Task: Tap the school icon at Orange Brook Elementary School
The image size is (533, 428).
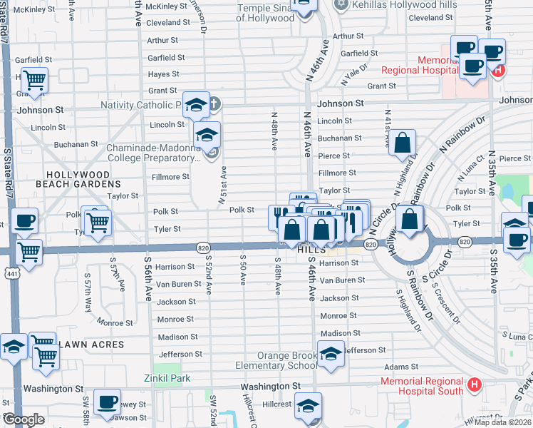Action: coord(331,354)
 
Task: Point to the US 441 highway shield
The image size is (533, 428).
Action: coord(9,272)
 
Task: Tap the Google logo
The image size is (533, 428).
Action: coord(23,419)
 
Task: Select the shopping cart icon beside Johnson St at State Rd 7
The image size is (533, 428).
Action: coord(33,81)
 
